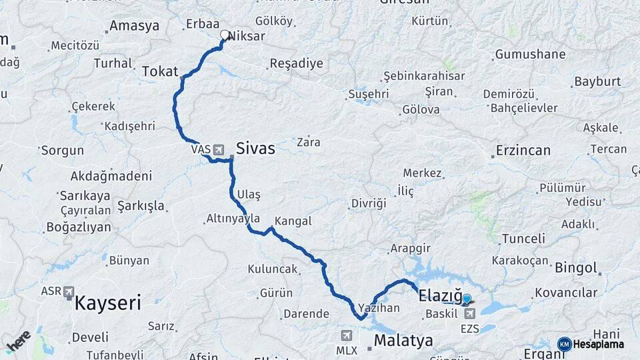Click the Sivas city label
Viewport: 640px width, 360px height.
(256, 149)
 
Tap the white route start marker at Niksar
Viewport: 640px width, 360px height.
(225, 35)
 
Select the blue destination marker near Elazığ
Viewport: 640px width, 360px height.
(467, 300)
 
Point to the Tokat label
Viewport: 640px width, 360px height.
(160, 71)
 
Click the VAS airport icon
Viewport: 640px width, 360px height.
(219, 149)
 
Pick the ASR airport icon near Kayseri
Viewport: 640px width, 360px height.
(69, 292)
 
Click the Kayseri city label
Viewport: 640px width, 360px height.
(107, 304)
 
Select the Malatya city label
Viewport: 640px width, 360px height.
(403, 341)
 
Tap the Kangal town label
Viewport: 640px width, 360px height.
(293, 220)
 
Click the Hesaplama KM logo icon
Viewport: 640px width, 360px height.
(564, 344)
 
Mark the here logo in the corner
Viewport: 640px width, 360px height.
(19, 341)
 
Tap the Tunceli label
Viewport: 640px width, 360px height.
(523, 238)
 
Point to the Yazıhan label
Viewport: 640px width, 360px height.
(379, 308)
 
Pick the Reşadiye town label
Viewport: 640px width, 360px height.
(296, 64)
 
